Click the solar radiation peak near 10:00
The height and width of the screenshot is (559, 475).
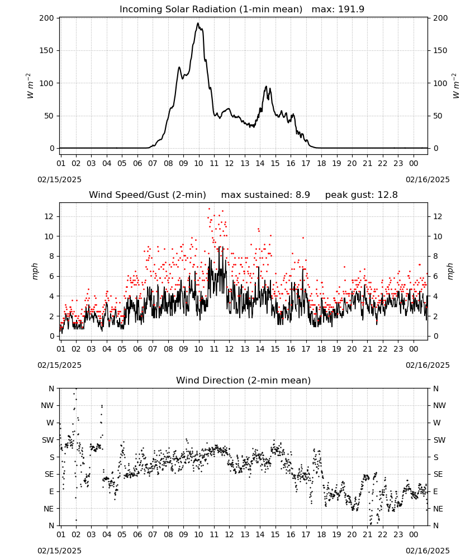click(198, 23)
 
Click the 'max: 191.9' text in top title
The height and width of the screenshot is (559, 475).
click(338, 10)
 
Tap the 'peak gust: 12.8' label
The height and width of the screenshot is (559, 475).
click(361, 195)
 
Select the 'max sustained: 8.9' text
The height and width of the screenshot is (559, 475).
click(265, 195)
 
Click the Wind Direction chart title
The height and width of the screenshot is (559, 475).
click(244, 380)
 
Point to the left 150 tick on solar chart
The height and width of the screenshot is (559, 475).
click(46, 51)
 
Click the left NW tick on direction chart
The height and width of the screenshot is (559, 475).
click(47, 406)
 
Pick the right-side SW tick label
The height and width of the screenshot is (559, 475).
click(439, 440)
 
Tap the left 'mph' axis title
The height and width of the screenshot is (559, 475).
click(35, 271)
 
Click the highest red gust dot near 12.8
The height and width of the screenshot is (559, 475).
click(209, 209)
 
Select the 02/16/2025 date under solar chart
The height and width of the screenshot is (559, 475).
click(427, 179)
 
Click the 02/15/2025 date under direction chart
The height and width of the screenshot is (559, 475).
click(59, 551)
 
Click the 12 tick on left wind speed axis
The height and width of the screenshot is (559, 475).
click(49, 217)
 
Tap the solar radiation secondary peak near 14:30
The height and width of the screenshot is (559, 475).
click(266, 86)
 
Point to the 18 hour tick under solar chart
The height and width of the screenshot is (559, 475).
click(321, 164)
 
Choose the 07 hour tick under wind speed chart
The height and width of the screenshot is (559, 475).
click(153, 349)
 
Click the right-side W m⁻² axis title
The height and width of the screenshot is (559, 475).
click(456, 86)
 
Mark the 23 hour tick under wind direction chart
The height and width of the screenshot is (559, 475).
click(398, 535)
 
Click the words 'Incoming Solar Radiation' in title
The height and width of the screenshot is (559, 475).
click(178, 10)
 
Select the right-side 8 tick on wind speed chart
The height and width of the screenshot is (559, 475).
click(435, 257)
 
